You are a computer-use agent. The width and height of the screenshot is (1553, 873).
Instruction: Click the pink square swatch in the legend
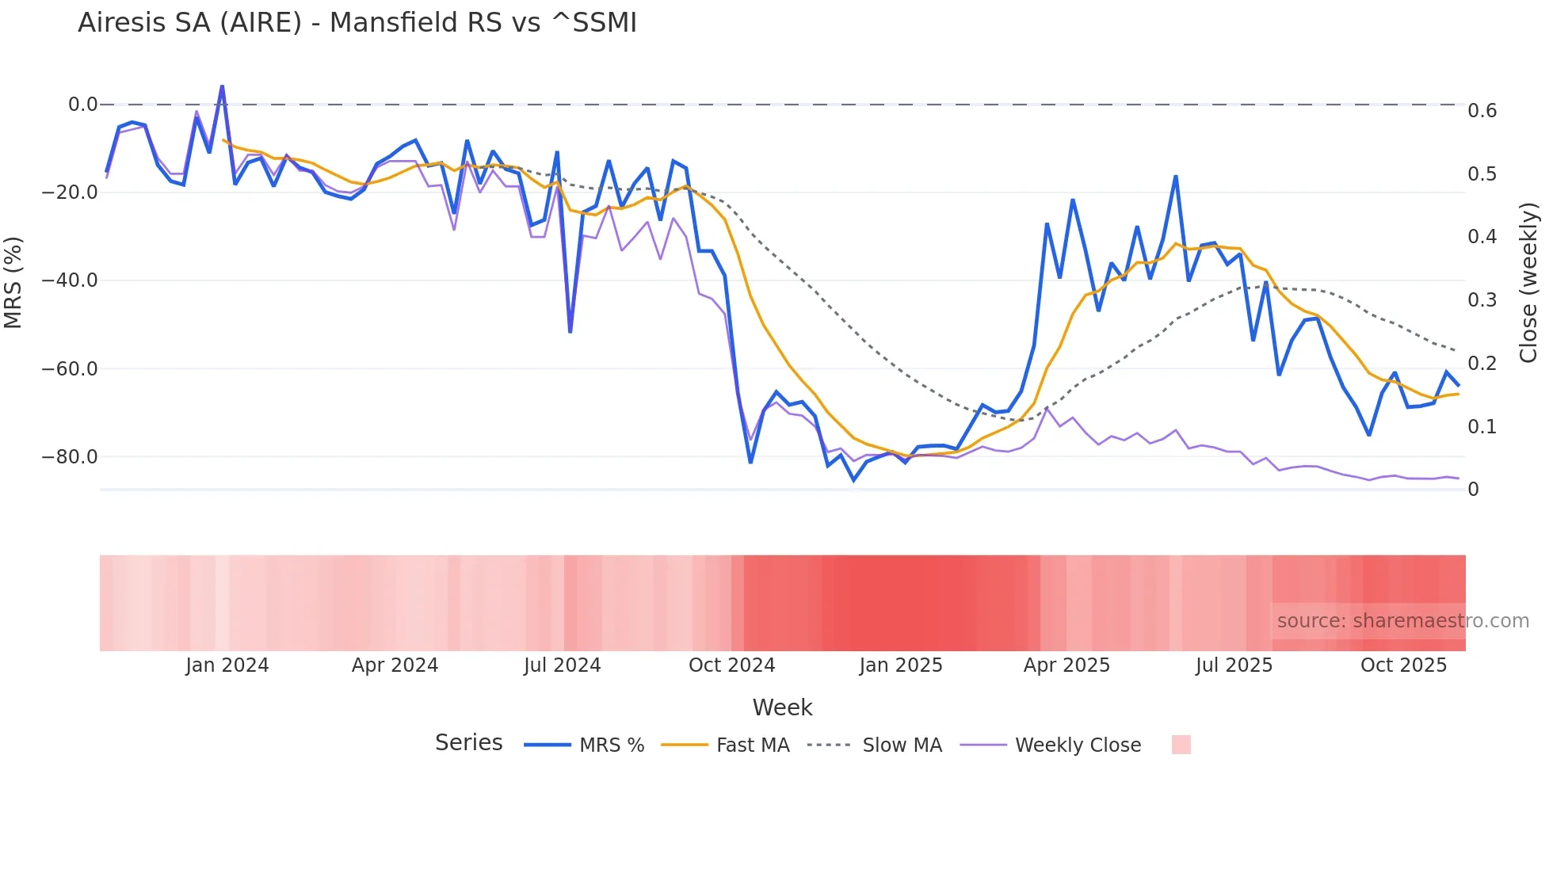[1181, 745]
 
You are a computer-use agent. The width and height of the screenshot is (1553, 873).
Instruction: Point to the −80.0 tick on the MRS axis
[70, 457]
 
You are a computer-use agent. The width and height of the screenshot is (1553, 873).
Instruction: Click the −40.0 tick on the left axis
[70, 280]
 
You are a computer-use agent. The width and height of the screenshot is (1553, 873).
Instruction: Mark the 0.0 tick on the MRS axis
[82, 105]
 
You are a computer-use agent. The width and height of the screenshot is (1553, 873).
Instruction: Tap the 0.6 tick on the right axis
[1482, 111]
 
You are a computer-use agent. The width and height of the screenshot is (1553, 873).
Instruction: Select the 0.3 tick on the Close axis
[1482, 300]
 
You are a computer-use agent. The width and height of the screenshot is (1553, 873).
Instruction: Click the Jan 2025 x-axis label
[901, 665]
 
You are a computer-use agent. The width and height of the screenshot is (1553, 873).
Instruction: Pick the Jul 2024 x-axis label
[562, 665]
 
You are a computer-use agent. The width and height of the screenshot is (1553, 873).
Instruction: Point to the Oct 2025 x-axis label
[1403, 665]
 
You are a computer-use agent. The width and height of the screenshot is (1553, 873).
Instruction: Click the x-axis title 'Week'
[782, 707]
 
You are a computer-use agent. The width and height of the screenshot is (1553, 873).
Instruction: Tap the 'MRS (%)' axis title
[13, 282]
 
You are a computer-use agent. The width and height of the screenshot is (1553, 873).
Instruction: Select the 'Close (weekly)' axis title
[1528, 282]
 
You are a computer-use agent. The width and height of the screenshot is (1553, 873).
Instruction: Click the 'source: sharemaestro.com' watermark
[1402, 621]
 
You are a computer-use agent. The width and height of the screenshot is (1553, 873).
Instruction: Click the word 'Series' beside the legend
[468, 743]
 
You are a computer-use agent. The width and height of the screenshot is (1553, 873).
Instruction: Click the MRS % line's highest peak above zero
[222, 86]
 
